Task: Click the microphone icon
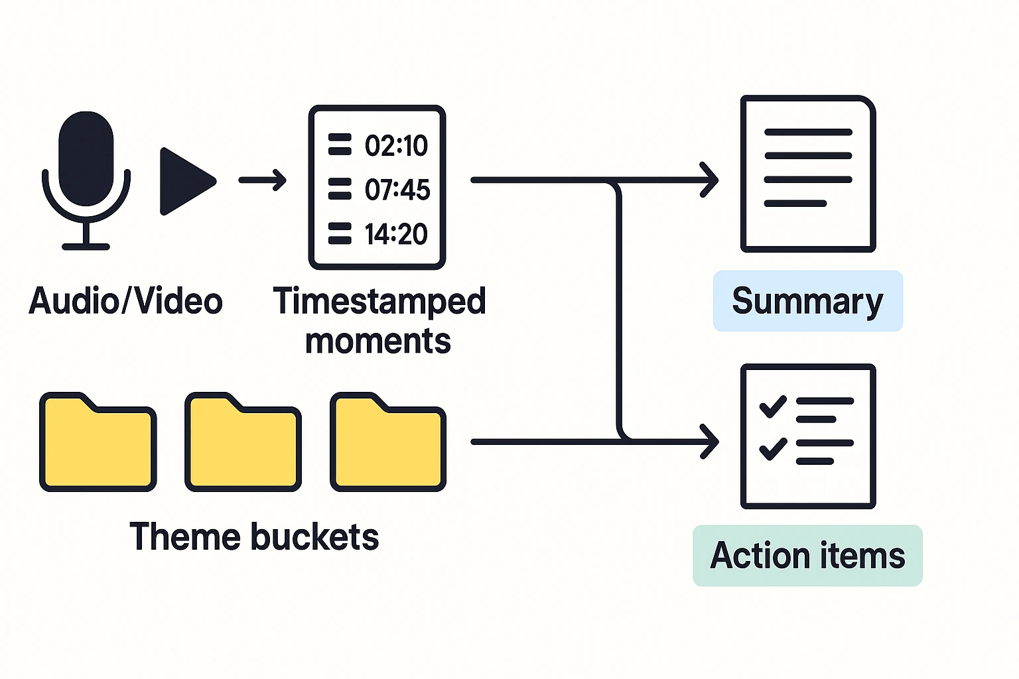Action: [x=86, y=172]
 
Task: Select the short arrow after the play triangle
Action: [x=263, y=180]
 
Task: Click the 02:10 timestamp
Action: [x=396, y=146]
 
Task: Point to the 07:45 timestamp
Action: [x=397, y=190]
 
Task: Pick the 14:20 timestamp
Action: [x=396, y=234]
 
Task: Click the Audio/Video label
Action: [x=125, y=301]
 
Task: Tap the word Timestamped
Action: [x=379, y=301]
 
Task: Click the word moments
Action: [x=378, y=341]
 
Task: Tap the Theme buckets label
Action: [x=254, y=537]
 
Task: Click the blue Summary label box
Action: [x=807, y=301]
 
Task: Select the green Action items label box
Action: [x=807, y=556]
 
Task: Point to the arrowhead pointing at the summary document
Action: [x=711, y=180]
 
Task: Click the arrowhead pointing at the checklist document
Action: [x=711, y=441]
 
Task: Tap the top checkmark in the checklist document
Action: [x=772, y=406]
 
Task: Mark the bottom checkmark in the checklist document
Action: [x=772, y=448]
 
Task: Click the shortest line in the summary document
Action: [x=795, y=204]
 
